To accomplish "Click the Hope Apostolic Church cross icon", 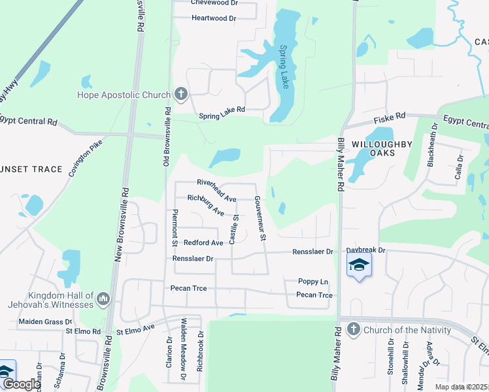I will (181, 95).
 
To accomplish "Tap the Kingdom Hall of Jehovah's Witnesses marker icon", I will (103, 300).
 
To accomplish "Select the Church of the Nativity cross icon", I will (354, 329).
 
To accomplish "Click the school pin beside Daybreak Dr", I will (359, 265).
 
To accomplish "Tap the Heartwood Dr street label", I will (214, 18).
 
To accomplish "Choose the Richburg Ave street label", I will (206, 204).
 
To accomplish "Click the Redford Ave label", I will (203, 242).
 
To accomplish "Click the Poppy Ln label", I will (314, 282).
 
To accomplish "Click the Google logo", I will (22, 385).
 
